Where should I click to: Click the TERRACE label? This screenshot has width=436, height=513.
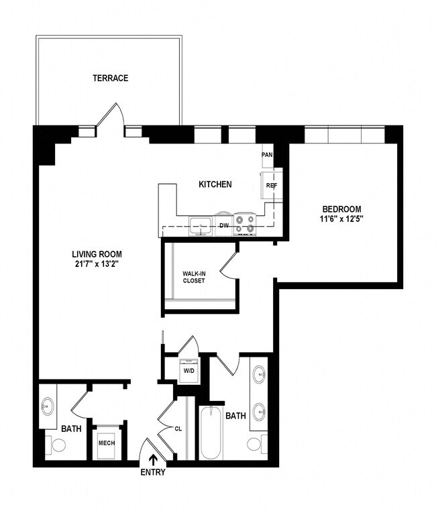point(111,78)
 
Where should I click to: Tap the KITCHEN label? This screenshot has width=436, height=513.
point(215,184)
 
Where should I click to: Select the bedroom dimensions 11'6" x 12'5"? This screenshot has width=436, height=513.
point(342,219)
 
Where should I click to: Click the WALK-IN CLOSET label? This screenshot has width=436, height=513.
point(194,277)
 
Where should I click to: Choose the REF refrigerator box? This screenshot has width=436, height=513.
point(272,185)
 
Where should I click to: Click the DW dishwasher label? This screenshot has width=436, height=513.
point(224,226)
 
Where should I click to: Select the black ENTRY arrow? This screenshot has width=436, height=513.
point(154,459)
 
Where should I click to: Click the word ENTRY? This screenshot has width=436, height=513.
point(153,472)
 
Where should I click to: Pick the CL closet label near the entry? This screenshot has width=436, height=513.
point(178,428)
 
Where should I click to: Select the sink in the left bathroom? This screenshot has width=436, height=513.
point(48,406)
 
